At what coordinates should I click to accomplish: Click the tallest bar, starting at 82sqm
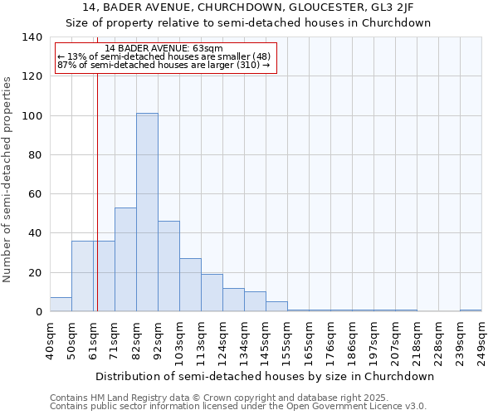point(147,212)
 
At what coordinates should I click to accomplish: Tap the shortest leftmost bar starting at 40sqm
point(61,305)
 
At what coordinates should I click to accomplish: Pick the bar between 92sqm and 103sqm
point(168,266)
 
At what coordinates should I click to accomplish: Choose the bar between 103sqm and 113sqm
point(190,285)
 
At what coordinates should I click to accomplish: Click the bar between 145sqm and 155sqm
point(276,306)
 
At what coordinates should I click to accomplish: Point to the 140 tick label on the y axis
point(32,37)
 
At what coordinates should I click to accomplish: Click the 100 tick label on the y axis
point(32,115)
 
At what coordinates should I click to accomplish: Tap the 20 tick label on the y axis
point(35,272)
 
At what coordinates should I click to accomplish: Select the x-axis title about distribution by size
point(265,376)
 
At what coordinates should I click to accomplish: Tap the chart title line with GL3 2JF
point(248,7)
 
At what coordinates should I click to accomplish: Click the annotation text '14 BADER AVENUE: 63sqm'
point(164,49)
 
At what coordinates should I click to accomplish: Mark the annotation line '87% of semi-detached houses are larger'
point(163,65)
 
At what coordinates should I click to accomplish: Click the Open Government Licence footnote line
point(238,407)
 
